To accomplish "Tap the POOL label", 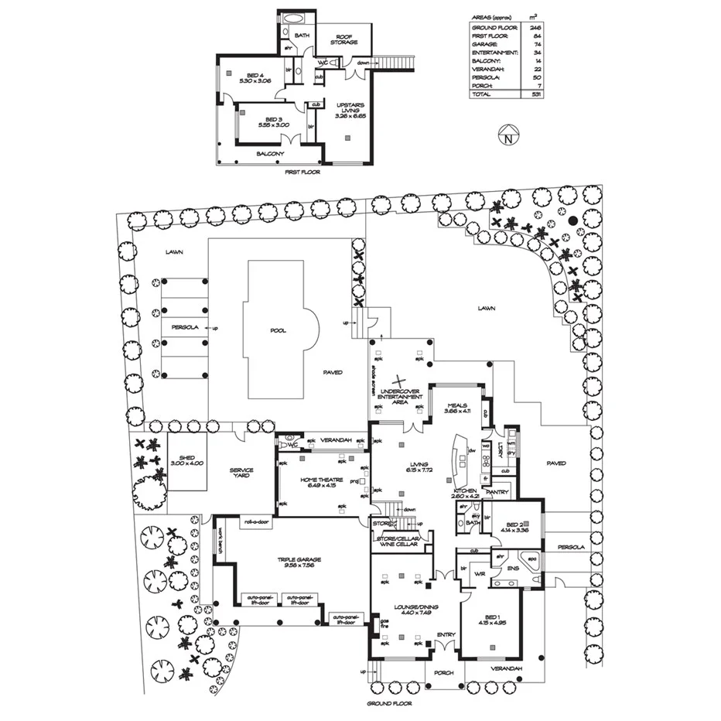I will pos(278,330).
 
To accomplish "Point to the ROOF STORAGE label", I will pos(345,38).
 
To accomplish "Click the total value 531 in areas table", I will pos(535,93).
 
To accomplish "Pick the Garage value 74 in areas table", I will pos(535,46).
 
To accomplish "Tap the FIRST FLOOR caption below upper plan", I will pos(302,172).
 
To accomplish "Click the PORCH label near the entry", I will pos(443,673).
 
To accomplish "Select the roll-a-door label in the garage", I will pos(255,521).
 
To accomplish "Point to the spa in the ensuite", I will pos(532,558).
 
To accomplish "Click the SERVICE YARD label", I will pos(242,473).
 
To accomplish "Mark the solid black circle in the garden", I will pos(573,220).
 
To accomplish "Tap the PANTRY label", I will pos(496,491).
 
